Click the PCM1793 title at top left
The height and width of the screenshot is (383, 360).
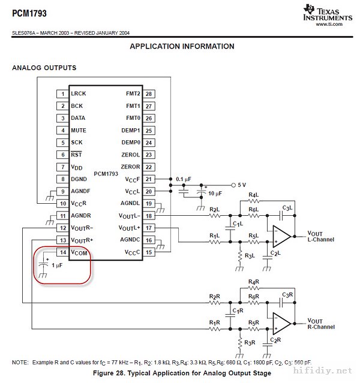tap(29, 13)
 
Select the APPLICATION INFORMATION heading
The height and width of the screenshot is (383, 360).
tap(182, 46)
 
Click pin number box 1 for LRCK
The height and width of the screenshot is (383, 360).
tap(62, 94)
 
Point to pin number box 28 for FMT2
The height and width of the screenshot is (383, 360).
tap(149, 94)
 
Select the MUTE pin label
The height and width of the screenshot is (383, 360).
tap(79, 130)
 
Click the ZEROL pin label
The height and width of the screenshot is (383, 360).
tap(130, 155)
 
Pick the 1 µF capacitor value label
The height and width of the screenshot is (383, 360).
tap(58, 264)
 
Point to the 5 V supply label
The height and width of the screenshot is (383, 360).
tap(241, 185)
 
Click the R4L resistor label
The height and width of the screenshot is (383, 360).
tap(253, 195)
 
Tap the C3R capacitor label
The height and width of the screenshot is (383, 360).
tap(287, 294)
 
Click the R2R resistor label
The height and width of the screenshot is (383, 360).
tap(214, 297)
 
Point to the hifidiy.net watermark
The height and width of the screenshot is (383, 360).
tap(329, 372)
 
